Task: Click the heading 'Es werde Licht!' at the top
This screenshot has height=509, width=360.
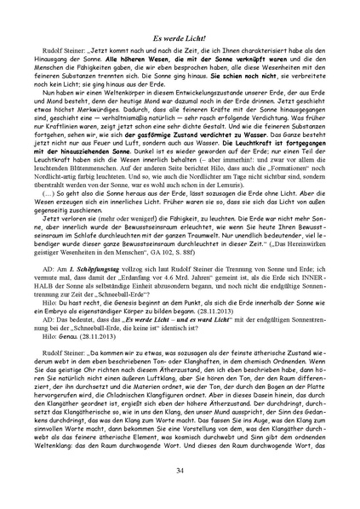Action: [180, 40]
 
